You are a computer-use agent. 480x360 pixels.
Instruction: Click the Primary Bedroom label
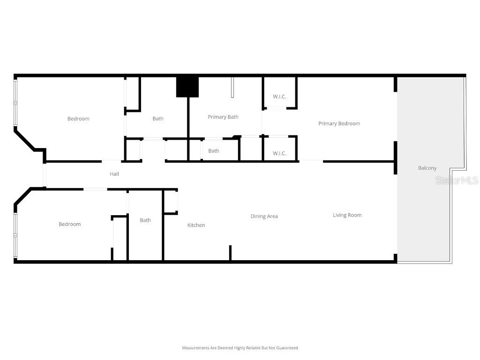(339, 124)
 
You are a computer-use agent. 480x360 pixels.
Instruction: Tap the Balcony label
(427, 168)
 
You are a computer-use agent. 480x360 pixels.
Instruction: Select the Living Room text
(347, 215)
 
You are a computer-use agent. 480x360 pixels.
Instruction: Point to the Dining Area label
(264, 216)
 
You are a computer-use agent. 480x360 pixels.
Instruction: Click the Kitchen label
(196, 225)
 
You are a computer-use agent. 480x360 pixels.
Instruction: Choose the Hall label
(114, 174)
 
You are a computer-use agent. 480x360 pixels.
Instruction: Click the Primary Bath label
(223, 117)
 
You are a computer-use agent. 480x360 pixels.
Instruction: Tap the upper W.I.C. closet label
(279, 97)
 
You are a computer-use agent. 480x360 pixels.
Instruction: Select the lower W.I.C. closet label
(279, 153)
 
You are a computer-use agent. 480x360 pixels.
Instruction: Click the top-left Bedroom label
(78, 119)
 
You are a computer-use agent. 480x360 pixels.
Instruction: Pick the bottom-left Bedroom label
(70, 224)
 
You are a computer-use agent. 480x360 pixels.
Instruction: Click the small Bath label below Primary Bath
(214, 151)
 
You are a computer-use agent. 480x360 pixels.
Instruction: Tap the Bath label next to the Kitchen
(145, 220)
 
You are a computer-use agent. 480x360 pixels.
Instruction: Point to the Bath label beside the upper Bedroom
(158, 119)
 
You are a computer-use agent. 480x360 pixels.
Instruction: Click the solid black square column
(187, 87)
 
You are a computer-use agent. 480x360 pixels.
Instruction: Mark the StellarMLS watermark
(456, 180)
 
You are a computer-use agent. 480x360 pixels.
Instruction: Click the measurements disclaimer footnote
(240, 348)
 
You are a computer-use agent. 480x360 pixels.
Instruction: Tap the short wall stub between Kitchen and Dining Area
(230, 253)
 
